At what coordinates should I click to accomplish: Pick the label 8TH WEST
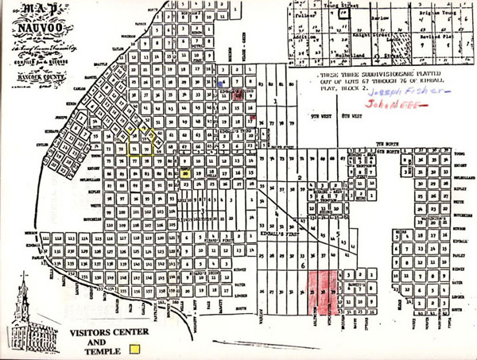(348, 116)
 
